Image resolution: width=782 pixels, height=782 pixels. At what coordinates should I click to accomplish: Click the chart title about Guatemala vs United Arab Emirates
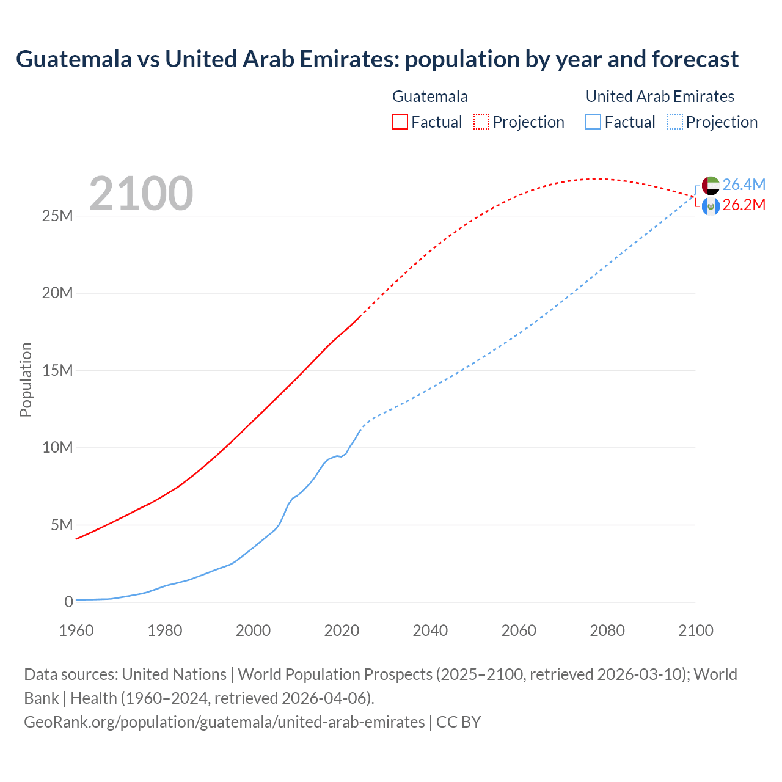(x=377, y=59)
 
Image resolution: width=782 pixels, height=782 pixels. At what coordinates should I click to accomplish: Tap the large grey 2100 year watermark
(x=141, y=194)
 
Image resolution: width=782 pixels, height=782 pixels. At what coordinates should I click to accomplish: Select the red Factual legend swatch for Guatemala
(x=400, y=122)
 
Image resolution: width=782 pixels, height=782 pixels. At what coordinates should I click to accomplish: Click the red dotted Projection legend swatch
(x=481, y=122)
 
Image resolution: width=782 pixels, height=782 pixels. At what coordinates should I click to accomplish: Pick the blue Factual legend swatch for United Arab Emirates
(x=593, y=122)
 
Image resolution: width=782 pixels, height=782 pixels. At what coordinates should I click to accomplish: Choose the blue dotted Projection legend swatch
(x=675, y=122)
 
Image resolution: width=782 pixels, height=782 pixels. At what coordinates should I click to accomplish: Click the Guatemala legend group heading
(x=430, y=97)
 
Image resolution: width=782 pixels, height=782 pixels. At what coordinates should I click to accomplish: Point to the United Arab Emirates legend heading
(x=660, y=97)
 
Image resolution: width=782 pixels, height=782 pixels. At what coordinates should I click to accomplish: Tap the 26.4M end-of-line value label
(x=744, y=185)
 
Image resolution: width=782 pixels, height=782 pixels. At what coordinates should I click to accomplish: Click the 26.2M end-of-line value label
(x=744, y=205)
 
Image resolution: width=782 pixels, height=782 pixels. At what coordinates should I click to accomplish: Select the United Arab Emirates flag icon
(x=711, y=185)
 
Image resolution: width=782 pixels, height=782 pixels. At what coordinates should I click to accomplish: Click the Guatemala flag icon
(x=711, y=206)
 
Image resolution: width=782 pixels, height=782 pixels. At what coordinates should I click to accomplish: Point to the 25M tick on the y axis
(x=57, y=216)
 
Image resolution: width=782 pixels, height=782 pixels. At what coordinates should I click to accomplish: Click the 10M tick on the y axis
(x=57, y=448)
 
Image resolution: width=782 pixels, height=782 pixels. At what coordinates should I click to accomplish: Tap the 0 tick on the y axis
(x=68, y=602)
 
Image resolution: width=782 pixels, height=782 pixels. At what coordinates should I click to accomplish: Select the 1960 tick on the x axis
(x=76, y=631)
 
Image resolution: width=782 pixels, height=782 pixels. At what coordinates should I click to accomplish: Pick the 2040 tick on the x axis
(x=430, y=631)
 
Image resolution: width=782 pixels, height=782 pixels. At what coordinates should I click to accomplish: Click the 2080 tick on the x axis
(x=607, y=631)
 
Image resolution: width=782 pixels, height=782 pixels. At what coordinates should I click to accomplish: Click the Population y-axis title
(x=26, y=379)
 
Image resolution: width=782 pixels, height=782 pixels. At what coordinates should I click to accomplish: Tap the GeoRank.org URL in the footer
(x=224, y=722)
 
